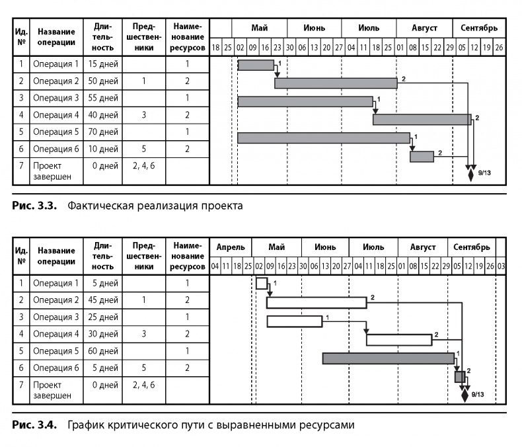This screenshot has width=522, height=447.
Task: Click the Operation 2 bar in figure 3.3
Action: click(336, 83)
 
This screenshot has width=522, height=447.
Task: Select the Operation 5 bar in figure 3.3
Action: click(323, 138)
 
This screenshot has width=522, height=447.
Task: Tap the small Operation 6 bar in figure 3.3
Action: click(422, 156)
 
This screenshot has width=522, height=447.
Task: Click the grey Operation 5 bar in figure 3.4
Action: click(389, 358)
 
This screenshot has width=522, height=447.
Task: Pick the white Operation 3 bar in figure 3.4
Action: click(294, 321)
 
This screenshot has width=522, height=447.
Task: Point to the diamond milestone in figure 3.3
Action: click(470, 175)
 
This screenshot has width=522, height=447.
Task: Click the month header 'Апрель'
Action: click(231, 247)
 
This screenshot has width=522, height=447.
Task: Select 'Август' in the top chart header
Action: click(424, 28)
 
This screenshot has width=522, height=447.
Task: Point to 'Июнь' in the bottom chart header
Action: click(325, 247)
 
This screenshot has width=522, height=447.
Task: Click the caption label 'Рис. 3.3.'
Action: click(36, 205)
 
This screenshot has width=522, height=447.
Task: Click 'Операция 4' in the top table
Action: click(56, 114)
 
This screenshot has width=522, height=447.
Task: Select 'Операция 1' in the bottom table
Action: click(56, 283)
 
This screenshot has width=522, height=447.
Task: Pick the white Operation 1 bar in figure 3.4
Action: click(262, 284)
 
